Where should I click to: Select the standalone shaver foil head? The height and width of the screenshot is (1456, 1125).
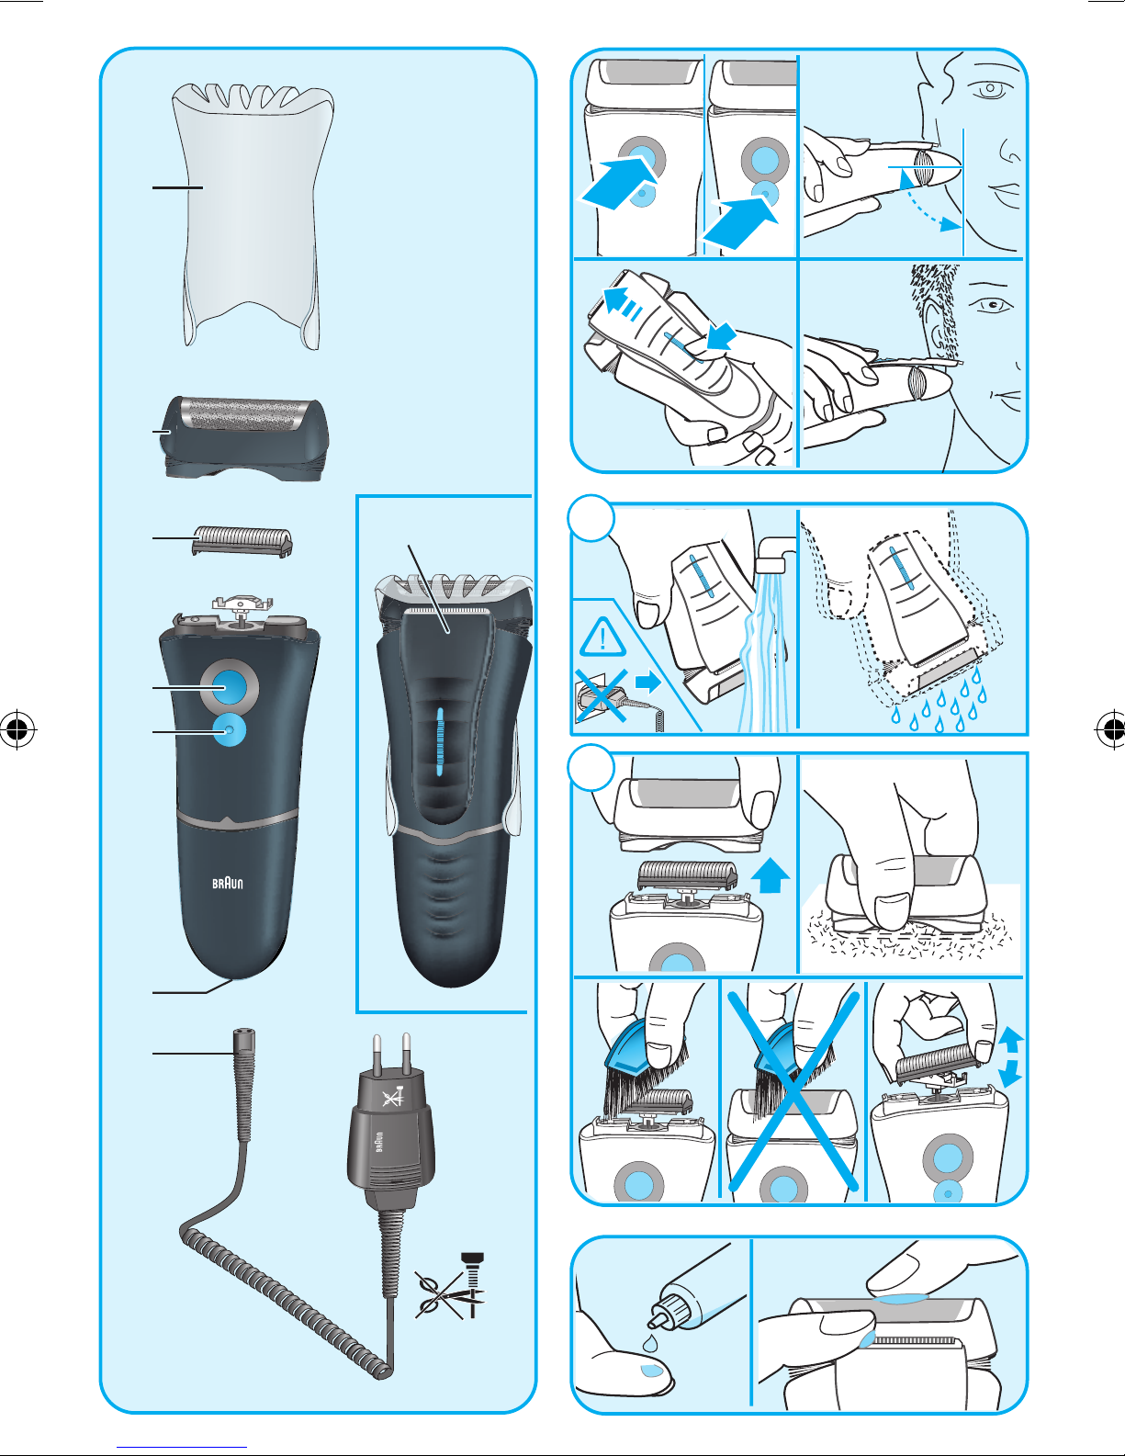pyautogui.click(x=246, y=437)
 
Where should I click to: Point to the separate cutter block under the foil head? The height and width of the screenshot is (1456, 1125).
pyautogui.click(x=242, y=541)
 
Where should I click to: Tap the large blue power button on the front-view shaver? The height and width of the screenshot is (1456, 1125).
pyautogui.click(x=229, y=687)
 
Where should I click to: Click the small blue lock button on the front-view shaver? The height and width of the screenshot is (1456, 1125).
pyautogui.click(x=229, y=730)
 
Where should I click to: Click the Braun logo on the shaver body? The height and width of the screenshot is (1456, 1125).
pyautogui.click(x=228, y=883)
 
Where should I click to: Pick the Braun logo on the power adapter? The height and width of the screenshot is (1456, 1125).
pyautogui.click(x=379, y=1141)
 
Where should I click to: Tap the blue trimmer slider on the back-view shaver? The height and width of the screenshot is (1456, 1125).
pyautogui.click(x=440, y=741)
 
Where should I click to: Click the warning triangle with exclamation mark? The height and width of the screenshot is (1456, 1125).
pyautogui.click(x=602, y=638)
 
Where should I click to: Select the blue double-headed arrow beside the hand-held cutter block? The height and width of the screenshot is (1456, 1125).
pyautogui.click(x=1010, y=1058)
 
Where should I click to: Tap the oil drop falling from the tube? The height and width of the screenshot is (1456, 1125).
pyautogui.click(x=649, y=1343)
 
